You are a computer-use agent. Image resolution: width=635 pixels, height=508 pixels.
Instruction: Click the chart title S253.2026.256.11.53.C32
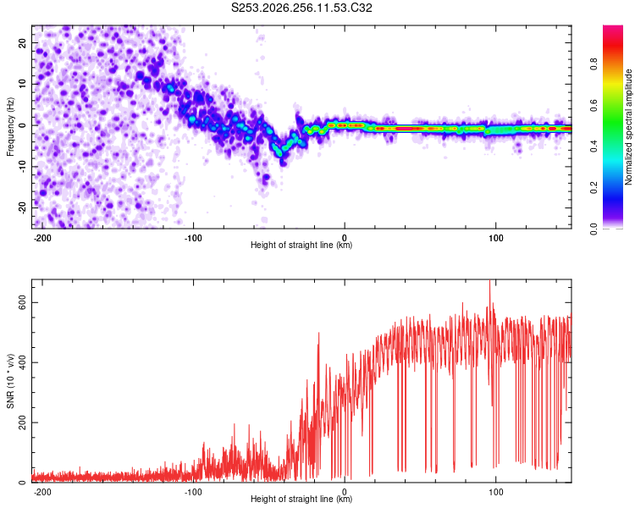301,8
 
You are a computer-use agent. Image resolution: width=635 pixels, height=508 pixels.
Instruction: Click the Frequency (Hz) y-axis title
10,127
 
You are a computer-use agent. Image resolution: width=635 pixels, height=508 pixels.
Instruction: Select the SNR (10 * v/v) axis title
10,381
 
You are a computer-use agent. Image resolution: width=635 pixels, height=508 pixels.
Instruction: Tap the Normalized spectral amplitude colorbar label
628,127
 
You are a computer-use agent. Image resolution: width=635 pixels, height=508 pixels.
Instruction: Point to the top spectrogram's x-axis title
301,245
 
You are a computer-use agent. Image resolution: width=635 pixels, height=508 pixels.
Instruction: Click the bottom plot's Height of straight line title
301,499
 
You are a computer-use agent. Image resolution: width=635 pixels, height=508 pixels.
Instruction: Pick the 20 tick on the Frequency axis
22,43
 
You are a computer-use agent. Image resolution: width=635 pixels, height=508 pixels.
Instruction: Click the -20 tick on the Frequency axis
22,207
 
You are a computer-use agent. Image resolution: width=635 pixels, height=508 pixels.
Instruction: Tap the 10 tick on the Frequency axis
22,85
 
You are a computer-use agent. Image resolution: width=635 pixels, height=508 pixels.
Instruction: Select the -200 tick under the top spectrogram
41,238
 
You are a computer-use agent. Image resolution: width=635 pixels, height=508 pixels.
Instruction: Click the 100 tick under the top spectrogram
495,238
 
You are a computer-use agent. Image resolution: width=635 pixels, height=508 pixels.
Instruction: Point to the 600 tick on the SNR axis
22,302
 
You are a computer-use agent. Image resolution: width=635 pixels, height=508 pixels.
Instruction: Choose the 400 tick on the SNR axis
22,362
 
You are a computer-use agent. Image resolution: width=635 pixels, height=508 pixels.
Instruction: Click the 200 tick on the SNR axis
22,422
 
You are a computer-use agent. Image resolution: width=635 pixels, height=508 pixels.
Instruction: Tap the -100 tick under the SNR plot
193,492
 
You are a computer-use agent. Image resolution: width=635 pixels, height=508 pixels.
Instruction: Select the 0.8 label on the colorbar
594,64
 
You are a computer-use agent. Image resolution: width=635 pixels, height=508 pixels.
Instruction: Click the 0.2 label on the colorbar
594,188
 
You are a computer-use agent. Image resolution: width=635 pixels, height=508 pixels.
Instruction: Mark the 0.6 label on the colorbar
594,105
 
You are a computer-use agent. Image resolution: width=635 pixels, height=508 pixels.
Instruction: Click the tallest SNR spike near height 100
490,281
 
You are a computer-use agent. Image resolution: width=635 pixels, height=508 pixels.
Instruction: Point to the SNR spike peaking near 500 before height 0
318,334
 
